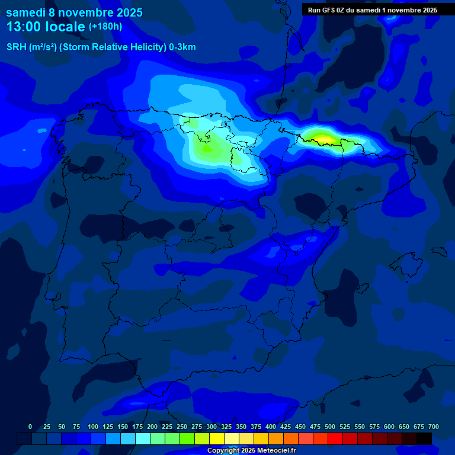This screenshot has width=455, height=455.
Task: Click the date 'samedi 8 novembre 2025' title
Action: tap(74, 12)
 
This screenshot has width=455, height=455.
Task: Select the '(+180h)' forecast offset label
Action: tap(105, 27)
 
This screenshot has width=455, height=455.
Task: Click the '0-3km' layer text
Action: tap(182, 47)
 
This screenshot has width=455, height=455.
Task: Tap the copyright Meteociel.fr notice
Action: tap(251, 450)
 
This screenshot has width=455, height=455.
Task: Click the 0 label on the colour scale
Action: tap(30, 427)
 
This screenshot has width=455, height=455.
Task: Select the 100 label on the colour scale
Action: tap(93, 427)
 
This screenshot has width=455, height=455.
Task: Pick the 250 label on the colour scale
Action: tap(182, 427)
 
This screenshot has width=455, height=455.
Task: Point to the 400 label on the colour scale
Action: tap(271, 427)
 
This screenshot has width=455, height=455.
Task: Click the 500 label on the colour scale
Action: tap(330, 427)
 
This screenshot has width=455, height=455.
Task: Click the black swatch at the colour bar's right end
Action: tap(424, 438)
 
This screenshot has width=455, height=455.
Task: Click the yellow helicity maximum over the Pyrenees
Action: tap(323, 139)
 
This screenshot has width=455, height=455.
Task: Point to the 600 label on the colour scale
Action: tap(389, 427)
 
